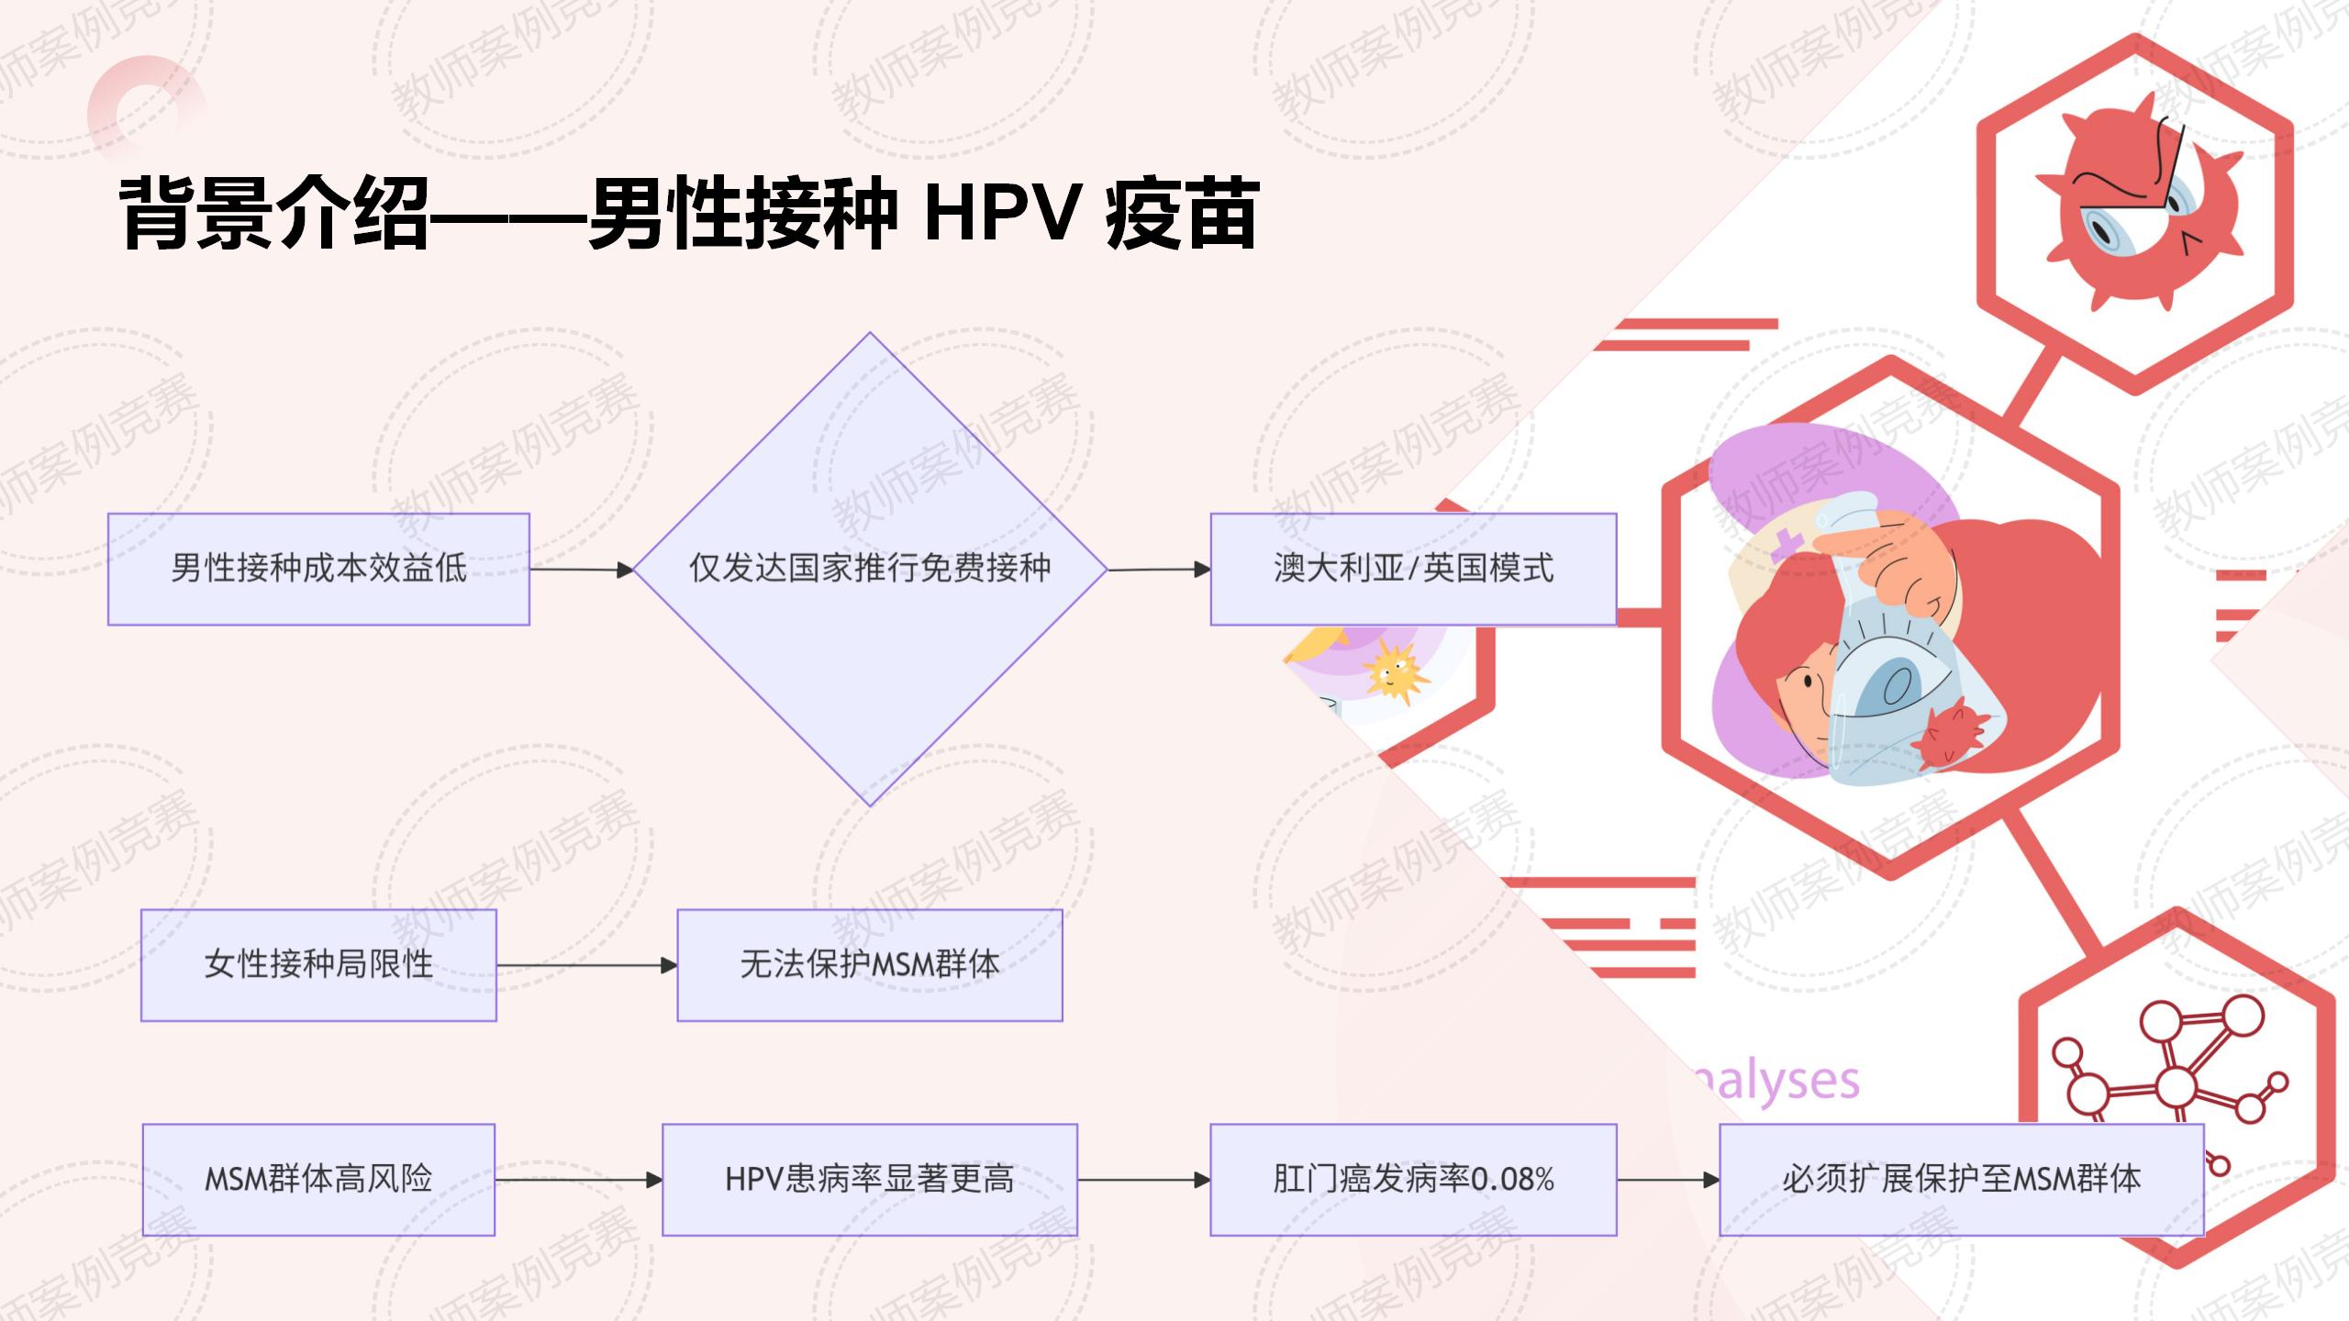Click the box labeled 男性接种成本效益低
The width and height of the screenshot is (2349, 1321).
coord(318,569)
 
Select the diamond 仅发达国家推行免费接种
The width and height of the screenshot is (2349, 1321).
coord(870,569)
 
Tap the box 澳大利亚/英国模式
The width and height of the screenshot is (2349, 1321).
coord(1413,569)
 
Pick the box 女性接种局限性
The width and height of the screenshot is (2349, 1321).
coord(318,965)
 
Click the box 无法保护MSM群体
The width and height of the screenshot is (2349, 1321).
coord(870,965)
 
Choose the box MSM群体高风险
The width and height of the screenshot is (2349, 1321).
coord(318,1180)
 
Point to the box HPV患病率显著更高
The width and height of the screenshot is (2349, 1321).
coord(870,1180)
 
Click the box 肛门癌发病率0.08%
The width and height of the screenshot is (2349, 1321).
coord(1413,1180)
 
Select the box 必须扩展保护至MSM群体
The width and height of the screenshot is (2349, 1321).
coord(1961,1180)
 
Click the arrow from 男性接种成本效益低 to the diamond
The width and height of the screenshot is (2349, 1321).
coord(582,570)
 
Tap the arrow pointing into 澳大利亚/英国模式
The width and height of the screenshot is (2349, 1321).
coord(1159,570)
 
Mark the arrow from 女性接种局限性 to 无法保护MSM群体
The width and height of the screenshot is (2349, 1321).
coord(586,965)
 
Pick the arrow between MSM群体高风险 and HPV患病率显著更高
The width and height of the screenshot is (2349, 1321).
coord(578,1180)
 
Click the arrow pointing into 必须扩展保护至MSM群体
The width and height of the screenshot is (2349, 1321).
coord(1667,1180)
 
